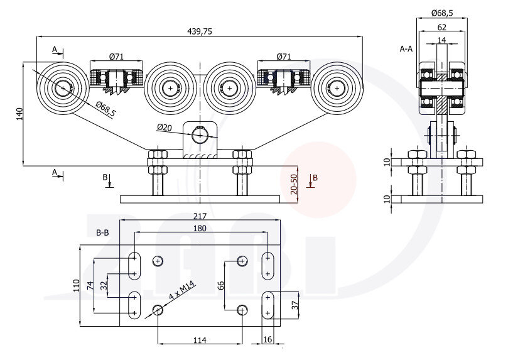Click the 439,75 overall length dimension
(x=200, y=31)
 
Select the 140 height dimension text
(x=19, y=114)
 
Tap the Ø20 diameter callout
(x=164, y=128)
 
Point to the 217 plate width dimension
(x=200, y=215)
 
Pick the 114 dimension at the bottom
(x=200, y=340)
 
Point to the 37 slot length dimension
(x=295, y=306)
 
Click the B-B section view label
(x=102, y=232)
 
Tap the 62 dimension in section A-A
(x=442, y=27)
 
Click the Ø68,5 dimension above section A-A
(x=443, y=13)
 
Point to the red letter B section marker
(x=315, y=178)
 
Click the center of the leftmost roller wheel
(x=63, y=88)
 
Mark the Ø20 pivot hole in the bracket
(x=200, y=134)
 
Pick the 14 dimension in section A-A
(x=442, y=40)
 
